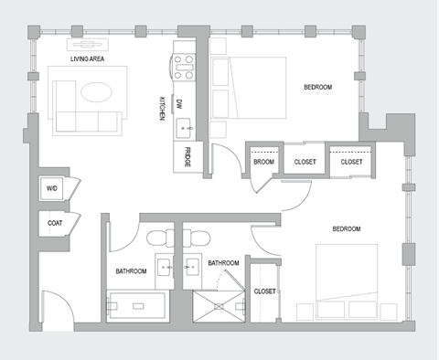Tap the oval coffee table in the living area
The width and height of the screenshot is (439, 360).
tap(95, 93)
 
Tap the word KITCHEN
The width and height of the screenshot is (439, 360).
tap(162, 109)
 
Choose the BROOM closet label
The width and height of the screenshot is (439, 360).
tap(263, 162)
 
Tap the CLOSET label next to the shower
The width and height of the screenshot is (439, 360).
tap(264, 291)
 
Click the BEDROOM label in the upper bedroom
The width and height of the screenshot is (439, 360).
tap(317, 88)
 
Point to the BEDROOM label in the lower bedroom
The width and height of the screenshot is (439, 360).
tap(346, 228)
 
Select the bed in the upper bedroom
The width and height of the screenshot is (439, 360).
tap(249, 86)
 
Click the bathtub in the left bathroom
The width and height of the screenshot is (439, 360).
tap(138, 304)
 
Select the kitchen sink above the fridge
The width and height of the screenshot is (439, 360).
tap(183, 125)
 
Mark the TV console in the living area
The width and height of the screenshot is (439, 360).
tap(88, 44)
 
